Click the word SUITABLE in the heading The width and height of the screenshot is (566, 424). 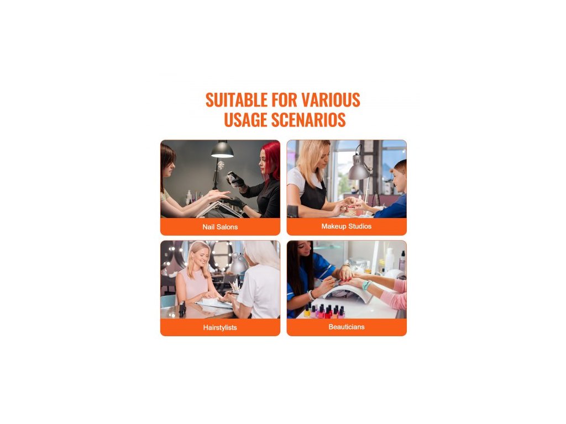click(x=237, y=100)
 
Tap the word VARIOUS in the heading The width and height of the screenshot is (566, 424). click(x=331, y=100)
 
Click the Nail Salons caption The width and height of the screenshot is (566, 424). click(x=220, y=227)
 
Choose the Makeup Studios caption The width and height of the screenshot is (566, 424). click(x=347, y=226)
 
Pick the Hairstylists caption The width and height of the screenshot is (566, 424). click(x=220, y=327)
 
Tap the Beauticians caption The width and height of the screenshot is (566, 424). click(x=347, y=327)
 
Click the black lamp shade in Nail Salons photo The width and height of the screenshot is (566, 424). click(x=222, y=150)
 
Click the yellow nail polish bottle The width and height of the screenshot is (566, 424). click(x=307, y=311)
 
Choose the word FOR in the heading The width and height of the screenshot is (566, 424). click(x=285, y=100)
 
